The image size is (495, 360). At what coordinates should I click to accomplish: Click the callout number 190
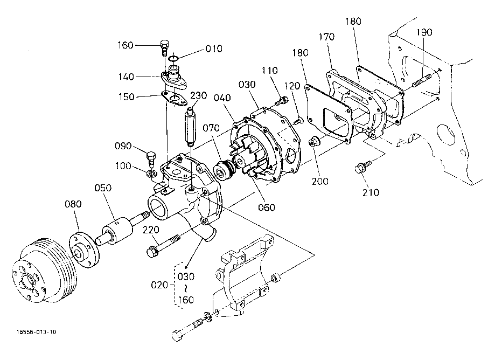click(x=424, y=32)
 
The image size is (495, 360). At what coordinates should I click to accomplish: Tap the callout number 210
click(x=371, y=192)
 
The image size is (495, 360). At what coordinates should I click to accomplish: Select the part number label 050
click(x=103, y=188)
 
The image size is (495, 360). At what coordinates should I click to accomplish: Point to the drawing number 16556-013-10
click(x=37, y=332)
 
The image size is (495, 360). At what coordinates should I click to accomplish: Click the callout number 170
click(x=326, y=37)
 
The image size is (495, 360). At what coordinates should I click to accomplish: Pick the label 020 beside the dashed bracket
click(x=159, y=285)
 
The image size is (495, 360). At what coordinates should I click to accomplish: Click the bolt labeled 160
click(x=164, y=47)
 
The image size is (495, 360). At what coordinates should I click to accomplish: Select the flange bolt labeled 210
click(x=362, y=167)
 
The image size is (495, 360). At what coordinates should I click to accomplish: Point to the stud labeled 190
click(x=422, y=80)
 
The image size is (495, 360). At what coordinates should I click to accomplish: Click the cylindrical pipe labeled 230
click(x=191, y=127)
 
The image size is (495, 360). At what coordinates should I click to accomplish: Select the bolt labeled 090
click(x=151, y=158)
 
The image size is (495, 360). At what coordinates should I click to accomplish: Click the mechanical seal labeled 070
click(x=225, y=170)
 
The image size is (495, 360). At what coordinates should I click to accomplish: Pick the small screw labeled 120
click(x=298, y=120)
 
